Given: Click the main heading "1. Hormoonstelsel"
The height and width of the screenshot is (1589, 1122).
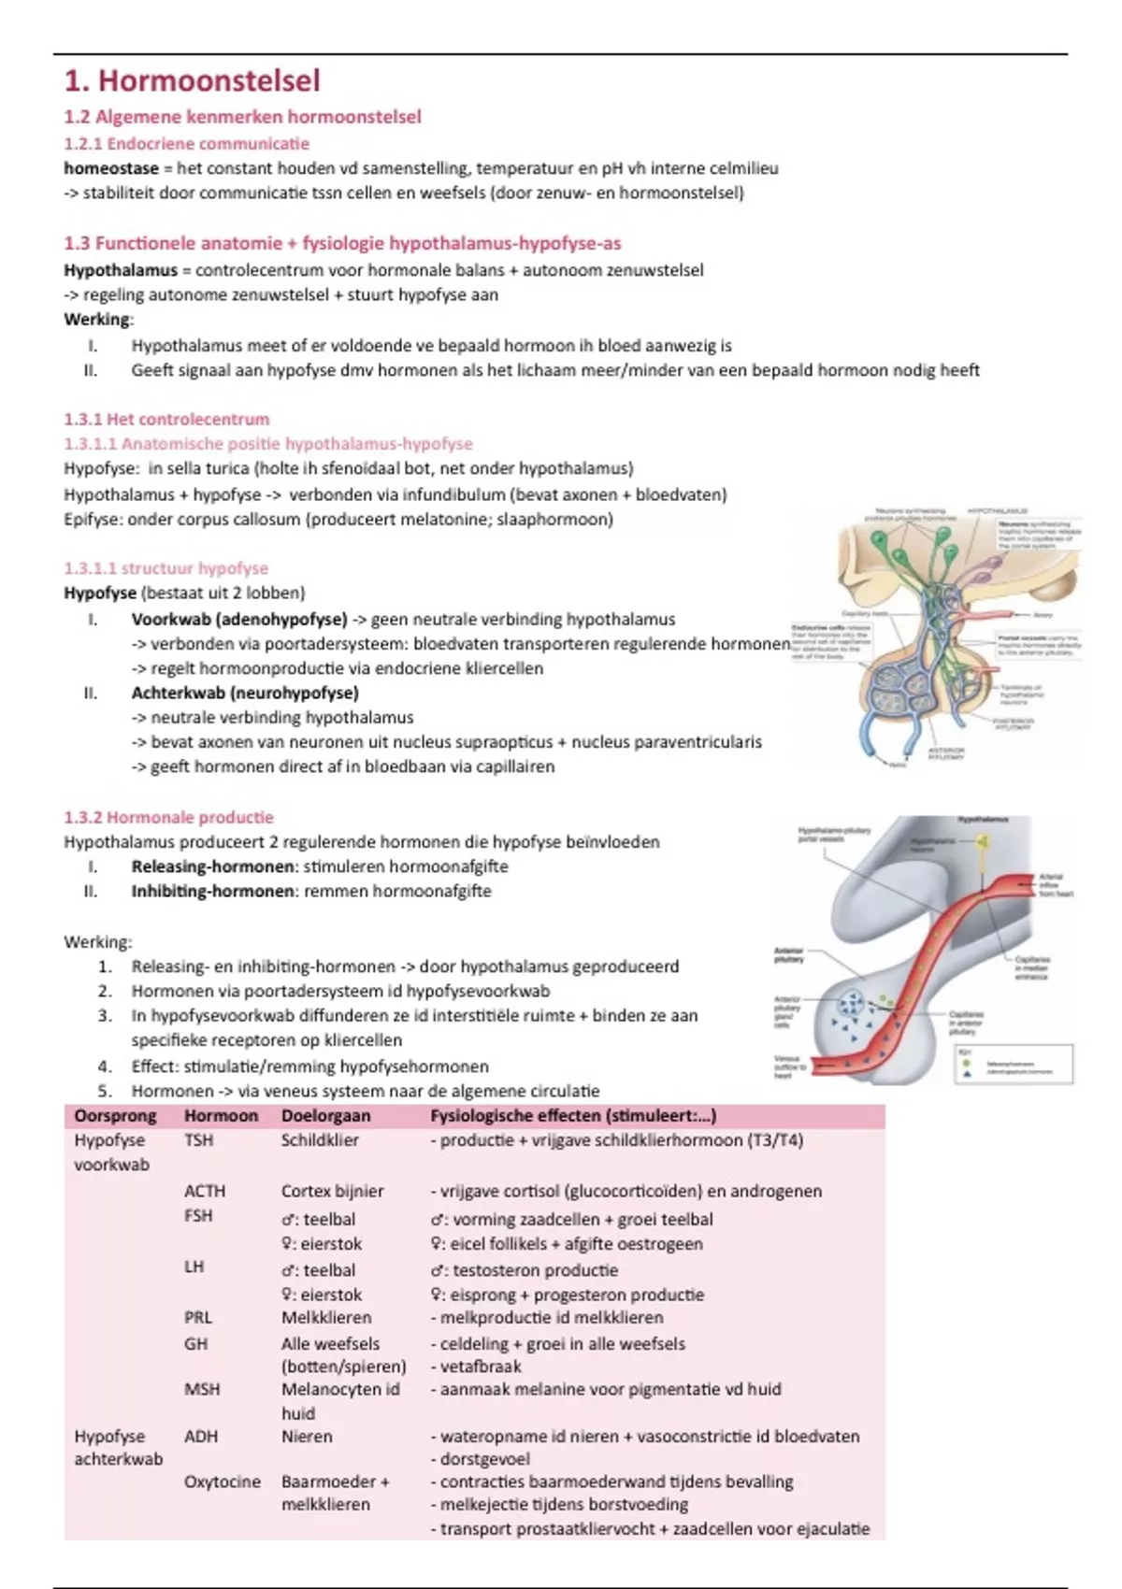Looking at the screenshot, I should (x=192, y=81).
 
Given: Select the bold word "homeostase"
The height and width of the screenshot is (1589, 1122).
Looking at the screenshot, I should (x=110, y=169).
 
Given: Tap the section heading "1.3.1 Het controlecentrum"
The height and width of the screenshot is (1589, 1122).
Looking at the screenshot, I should (x=166, y=420).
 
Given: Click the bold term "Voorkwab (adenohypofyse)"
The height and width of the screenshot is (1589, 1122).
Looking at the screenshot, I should (x=239, y=620).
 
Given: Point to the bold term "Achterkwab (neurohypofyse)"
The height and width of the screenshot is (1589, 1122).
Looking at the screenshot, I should (x=245, y=694).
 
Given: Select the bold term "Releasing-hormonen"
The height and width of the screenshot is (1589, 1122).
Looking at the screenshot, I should (x=213, y=866).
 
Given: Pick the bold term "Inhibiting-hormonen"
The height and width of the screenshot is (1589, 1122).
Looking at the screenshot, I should (x=213, y=892).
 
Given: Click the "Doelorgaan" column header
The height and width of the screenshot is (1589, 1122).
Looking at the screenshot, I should (x=325, y=1116).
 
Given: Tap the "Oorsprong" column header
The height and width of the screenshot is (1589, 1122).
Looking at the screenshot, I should (x=115, y=1116).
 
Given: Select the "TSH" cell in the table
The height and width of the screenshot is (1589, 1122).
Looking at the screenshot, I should (x=198, y=1140).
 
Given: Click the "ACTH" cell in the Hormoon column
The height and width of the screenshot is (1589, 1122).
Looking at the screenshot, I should (x=205, y=1192).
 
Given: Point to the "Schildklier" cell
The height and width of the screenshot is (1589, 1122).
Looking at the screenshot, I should (x=320, y=1140).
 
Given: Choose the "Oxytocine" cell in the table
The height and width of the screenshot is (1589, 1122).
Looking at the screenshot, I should (x=223, y=1482).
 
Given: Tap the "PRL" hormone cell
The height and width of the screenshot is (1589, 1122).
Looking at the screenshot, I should (x=198, y=1318).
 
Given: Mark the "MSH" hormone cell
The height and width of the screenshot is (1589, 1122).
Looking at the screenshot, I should (x=202, y=1390).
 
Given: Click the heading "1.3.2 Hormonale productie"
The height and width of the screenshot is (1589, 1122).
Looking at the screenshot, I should (x=168, y=818).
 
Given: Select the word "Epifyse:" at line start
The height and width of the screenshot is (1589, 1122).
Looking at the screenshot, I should (x=93, y=520).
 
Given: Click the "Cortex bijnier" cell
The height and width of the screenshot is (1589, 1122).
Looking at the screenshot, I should (x=332, y=1192).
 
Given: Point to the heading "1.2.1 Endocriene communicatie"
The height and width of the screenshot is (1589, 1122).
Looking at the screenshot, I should (x=186, y=144).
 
